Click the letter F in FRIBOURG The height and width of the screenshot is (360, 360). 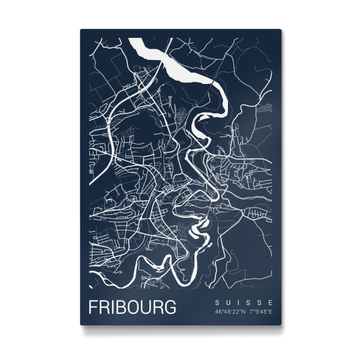(94, 307)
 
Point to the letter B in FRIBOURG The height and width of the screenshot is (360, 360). (121, 307)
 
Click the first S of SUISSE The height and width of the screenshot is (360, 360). (217, 302)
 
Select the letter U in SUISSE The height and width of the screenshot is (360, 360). (227, 302)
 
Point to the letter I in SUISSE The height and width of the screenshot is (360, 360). (238, 302)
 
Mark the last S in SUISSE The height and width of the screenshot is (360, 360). (260, 302)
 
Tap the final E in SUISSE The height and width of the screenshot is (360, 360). (271, 302)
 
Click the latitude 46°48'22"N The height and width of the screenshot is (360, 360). (229, 311)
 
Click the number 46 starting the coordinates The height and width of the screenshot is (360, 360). (218, 311)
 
